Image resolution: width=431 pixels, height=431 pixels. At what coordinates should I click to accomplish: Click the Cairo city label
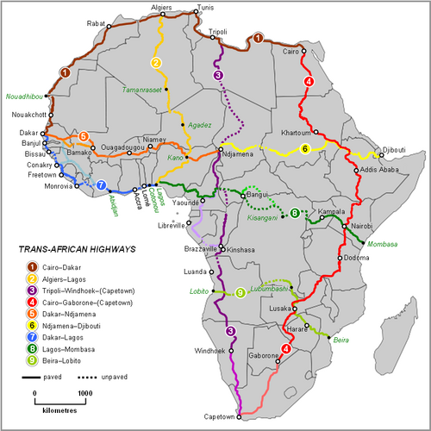coord(290,50)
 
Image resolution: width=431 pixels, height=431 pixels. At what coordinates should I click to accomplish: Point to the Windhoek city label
coord(209,351)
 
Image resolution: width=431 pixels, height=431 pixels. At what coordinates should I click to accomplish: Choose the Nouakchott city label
coord(28,115)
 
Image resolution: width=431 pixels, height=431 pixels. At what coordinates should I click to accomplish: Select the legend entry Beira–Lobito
coord(63,359)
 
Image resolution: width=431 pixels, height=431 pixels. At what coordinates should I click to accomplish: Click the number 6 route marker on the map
coord(305,149)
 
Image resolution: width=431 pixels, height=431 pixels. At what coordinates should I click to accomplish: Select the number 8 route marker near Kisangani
coord(294,212)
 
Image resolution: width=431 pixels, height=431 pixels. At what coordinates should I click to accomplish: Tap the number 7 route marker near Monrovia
coord(101,184)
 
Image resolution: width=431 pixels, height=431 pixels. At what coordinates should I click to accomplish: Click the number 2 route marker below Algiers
coord(156,63)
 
